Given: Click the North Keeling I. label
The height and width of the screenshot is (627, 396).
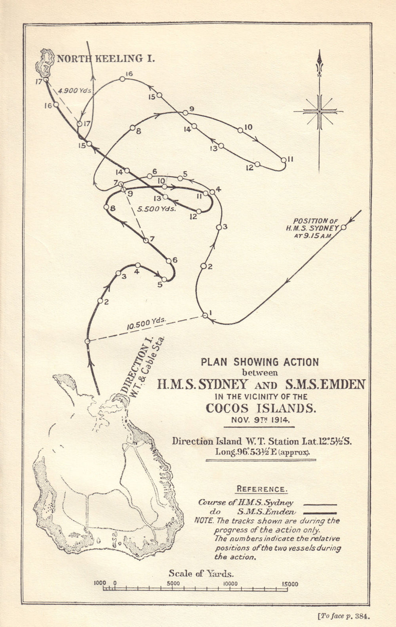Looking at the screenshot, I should tap(106, 59).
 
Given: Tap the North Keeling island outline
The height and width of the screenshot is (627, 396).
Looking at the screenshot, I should tap(46, 62).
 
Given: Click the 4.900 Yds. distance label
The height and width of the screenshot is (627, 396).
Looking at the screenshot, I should tap(75, 90).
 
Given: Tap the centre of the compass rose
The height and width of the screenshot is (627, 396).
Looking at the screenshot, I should tap(319, 112).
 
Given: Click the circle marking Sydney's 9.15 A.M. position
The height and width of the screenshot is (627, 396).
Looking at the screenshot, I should tap(343, 227).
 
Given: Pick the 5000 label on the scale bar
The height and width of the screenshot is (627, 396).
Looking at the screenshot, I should tap(173, 583).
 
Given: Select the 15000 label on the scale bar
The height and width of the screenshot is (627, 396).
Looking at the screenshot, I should tap(290, 584).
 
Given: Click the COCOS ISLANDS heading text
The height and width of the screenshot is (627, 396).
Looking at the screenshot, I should tap(260, 408).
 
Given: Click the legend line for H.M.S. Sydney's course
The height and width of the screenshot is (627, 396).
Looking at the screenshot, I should tap(320, 505).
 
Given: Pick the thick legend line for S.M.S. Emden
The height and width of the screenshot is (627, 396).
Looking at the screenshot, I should tap(320, 513).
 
